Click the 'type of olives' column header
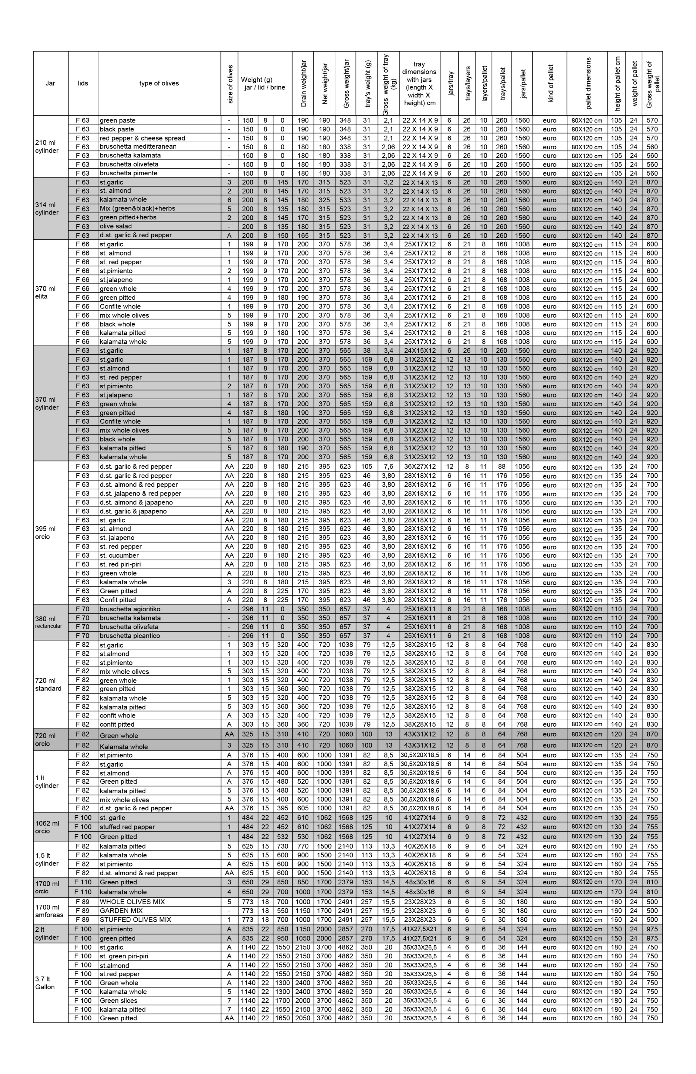(159, 83)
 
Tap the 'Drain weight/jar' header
(303, 83)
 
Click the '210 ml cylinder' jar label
(47, 147)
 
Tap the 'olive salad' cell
(116, 226)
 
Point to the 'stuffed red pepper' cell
(127, 827)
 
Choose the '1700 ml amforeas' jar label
(49, 911)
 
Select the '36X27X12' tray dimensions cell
(419, 467)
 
